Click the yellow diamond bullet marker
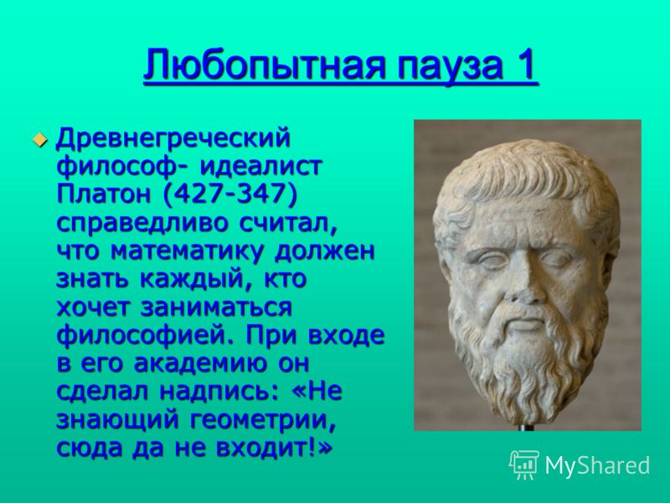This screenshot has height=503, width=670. (39, 139)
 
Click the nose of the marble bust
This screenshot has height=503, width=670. (522, 283)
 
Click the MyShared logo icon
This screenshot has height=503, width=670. (524, 464)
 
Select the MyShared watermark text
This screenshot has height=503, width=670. (597, 465)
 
